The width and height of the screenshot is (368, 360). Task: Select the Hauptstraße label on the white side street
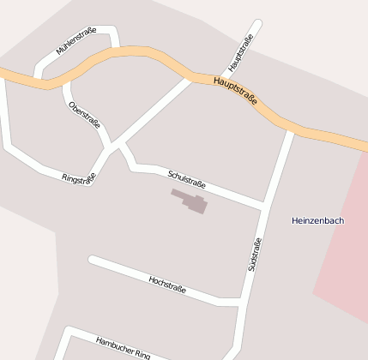pos(243,52)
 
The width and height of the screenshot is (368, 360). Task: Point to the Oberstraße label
pos(84,113)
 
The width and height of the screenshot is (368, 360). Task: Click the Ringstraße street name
pos(79,177)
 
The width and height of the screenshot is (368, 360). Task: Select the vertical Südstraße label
pos(254,255)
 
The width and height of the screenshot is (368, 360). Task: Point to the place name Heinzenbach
pos(317,220)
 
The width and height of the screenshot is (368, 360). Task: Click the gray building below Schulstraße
pos(191,201)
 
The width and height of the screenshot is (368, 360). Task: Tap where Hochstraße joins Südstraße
pos(241,301)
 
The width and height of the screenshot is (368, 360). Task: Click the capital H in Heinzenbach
pos(295,220)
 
